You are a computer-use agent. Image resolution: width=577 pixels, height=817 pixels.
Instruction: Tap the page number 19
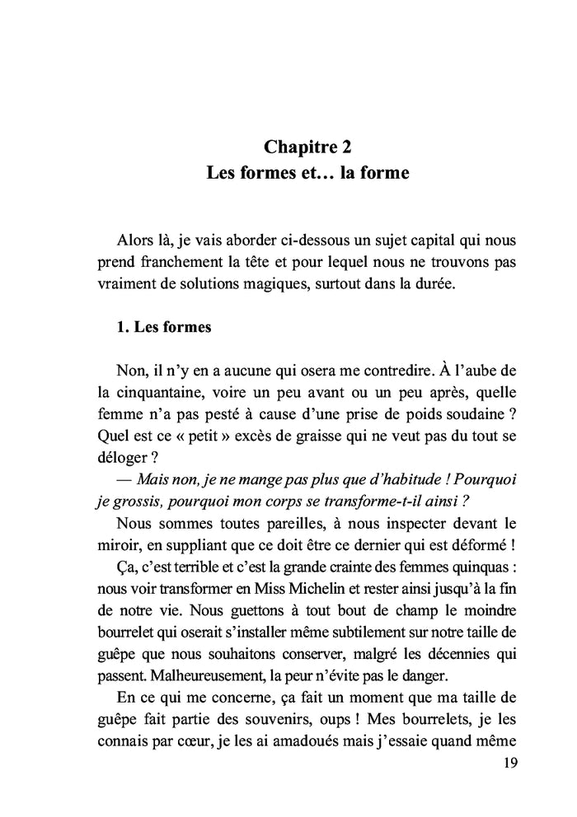click(x=509, y=763)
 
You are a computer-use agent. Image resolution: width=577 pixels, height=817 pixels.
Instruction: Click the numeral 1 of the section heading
click(x=122, y=327)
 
